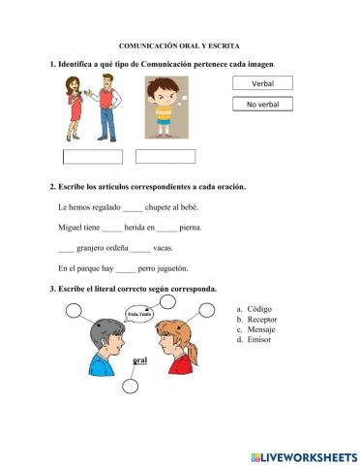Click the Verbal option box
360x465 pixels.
[x=262, y=84]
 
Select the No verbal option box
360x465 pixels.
[x=262, y=104]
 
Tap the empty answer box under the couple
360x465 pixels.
[x=93, y=157]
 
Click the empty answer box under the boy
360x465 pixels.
[x=165, y=156]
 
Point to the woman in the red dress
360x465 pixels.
[x=75, y=108]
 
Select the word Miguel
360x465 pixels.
[x=72, y=228]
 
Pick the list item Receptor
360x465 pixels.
[x=263, y=321]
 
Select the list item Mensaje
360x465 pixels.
[x=262, y=330]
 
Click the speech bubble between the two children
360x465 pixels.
[x=138, y=313]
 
